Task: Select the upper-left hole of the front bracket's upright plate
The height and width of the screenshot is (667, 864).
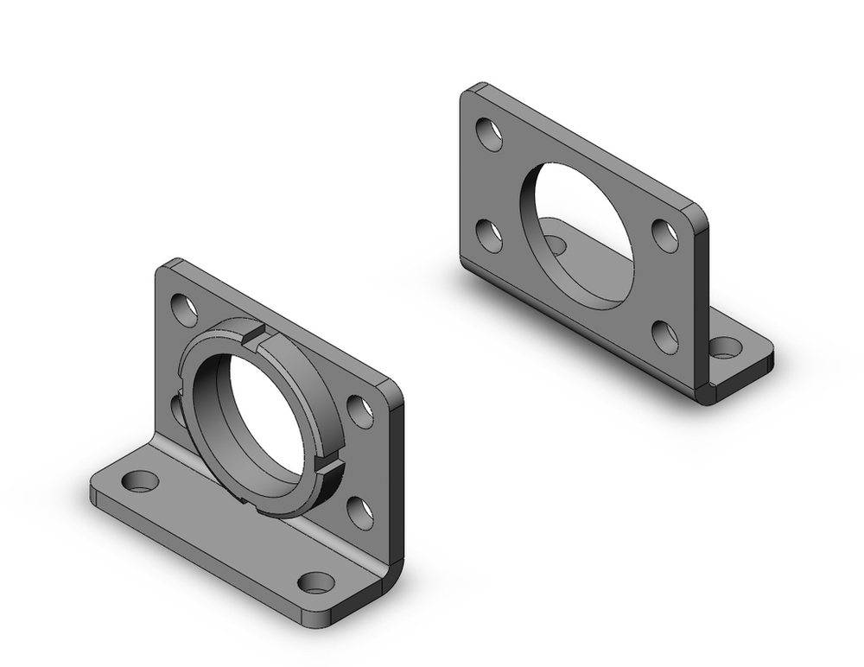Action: pyautogui.click(x=184, y=306)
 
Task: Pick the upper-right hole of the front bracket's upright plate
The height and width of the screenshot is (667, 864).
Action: pyautogui.click(x=359, y=410)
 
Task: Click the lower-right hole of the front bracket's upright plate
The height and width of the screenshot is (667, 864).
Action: pyautogui.click(x=359, y=511)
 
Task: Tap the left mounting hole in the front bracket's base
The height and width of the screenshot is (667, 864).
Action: pyautogui.click(x=139, y=480)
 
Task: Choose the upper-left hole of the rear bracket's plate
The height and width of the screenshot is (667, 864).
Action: pyautogui.click(x=490, y=134)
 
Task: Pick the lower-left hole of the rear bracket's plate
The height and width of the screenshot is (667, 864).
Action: pyautogui.click(x=490, y=236)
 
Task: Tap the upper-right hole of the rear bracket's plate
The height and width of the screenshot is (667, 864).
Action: pyautogui.click(x=664, y=235)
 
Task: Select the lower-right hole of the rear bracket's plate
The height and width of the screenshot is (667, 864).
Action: pyautogui.click(x=664, y=336)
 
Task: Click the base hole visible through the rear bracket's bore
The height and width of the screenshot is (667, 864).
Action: pyautogui.click(x=555, y=244)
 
